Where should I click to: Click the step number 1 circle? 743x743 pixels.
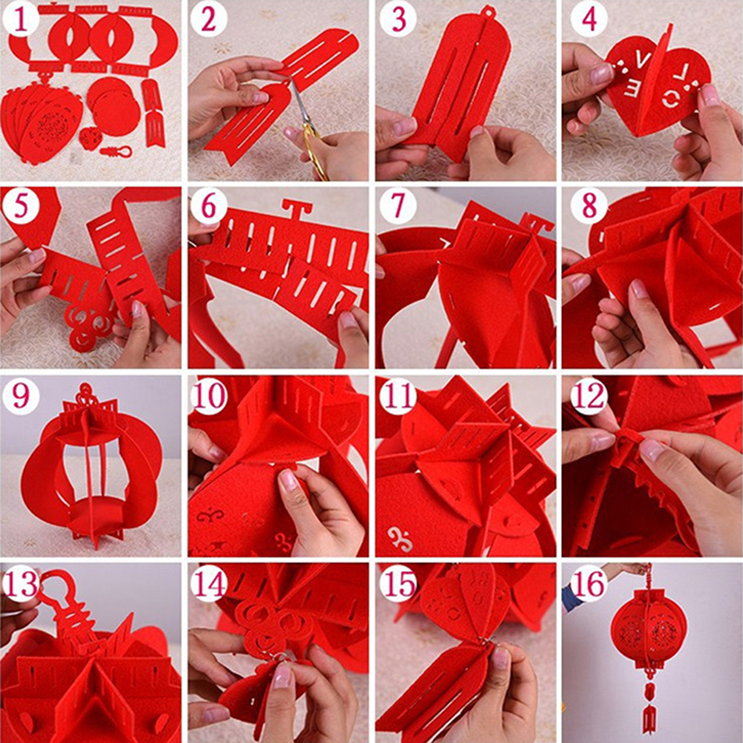(x=20, y=19)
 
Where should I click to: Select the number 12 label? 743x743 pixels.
(x=589, y=396)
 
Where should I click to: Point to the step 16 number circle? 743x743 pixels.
(x=589, y=584)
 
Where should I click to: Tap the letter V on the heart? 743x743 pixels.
(x=643, y=60)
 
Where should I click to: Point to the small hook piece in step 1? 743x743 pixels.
(x=116, y=151)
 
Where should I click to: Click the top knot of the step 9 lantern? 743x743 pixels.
(x=86, y=393)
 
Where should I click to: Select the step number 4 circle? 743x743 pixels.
(x=589, y=19)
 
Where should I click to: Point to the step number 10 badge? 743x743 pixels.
(x=209, y=396)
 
